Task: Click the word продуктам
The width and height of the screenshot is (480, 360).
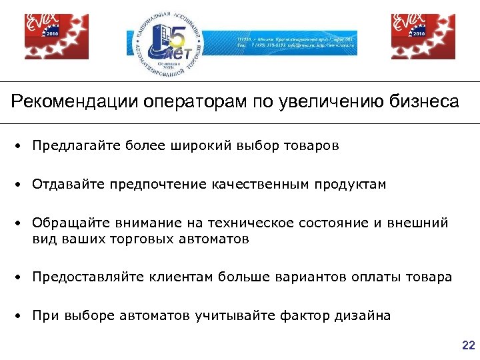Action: click(353, 184)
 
